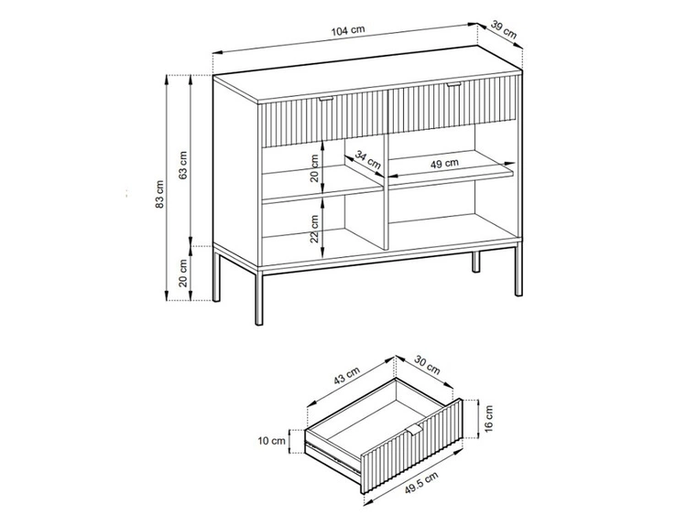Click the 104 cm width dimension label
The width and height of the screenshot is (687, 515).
(348, 31)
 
